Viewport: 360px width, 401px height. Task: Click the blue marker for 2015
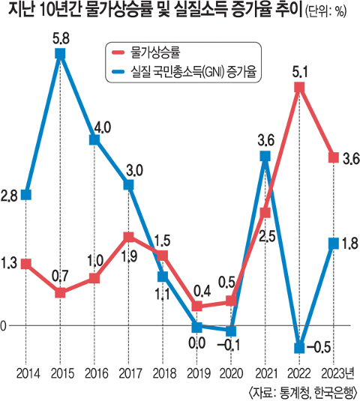click(x=60, y=53)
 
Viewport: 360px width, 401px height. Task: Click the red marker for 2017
click(x=128, y=238)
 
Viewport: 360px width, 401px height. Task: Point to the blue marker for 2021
click(x=265, y=157)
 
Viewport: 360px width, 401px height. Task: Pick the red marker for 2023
click(x=332, y=157)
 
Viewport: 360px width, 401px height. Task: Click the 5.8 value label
click(x=60, y=37)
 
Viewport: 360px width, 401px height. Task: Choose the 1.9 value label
click(x=128, y=256)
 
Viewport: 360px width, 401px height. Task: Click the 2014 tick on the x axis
click(x=26, y=373)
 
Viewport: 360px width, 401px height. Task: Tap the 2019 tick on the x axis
click(x=196, y=373)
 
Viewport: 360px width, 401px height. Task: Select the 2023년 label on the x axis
click(x=335, y=373)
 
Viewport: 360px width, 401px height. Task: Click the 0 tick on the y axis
click(x=4, y=326)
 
